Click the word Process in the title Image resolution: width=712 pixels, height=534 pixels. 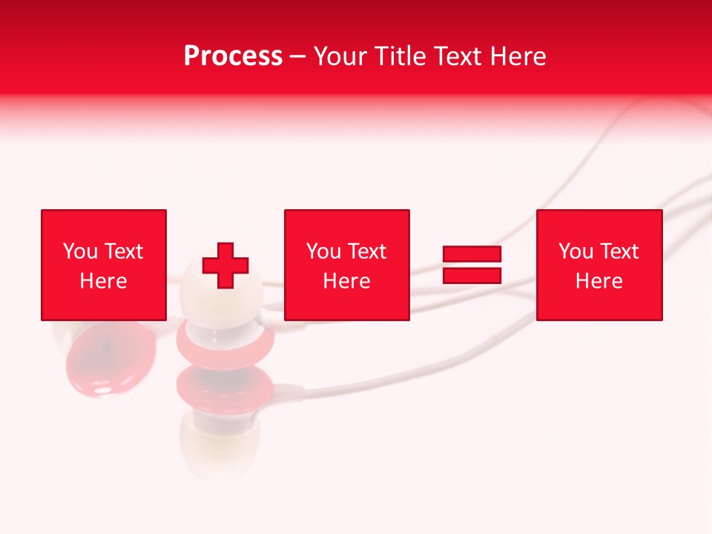click(233, 56)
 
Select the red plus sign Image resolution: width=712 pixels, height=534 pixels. click(225, 266)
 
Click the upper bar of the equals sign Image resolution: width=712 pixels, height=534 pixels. click(472, 254)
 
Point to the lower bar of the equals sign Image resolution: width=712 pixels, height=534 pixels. click(472, 275)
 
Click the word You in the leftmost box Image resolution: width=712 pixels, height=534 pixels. click(80, 251)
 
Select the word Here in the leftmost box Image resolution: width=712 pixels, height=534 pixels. click(103, 281)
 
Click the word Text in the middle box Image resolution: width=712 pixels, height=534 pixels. click(366, 251)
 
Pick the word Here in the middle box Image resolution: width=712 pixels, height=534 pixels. click(346, 281)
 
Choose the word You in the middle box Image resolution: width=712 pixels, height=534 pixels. click(323, 251)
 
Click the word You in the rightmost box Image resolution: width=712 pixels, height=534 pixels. click(576, 251)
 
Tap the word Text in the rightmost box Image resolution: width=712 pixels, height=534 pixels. click(619, 251)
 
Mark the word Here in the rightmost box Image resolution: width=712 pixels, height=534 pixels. click(599, 281)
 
